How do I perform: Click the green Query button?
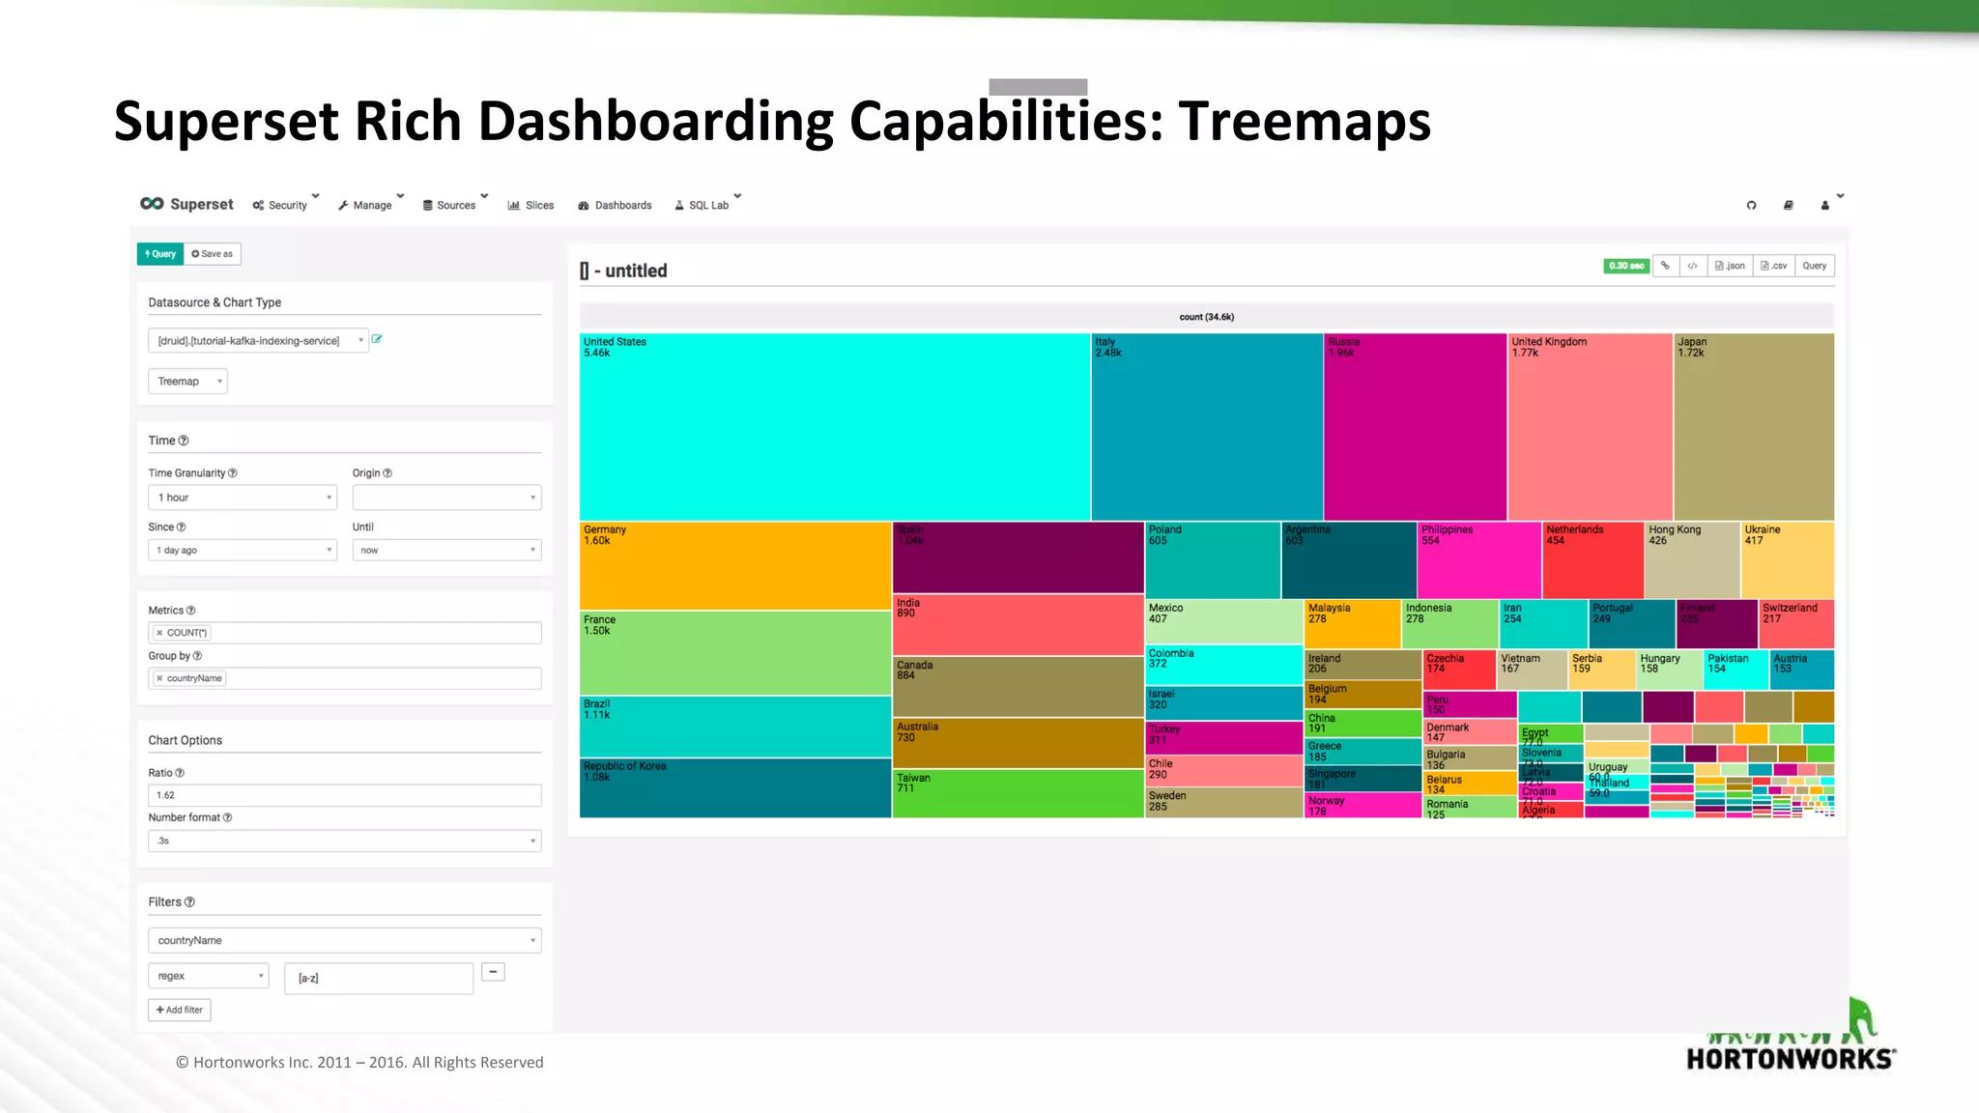tap(160, 254)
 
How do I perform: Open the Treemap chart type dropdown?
tap(187, 382)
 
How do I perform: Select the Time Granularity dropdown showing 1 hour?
tap(243, 498)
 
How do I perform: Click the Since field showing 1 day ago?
tap(243, 550)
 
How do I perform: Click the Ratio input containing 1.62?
tap(344, 795)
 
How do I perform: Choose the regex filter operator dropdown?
tap(208, 976)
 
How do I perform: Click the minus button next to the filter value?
tap(493, 972)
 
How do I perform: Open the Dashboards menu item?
tap(615, 205)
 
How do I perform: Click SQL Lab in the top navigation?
tap(707, 205)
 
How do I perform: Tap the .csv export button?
tap(1773, 266)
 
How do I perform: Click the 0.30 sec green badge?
tap(1625, 266)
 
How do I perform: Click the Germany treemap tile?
tap(734, 565)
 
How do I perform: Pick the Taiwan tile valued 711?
tap(1017, 794)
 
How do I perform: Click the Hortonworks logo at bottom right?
tap(1791, 1043)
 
